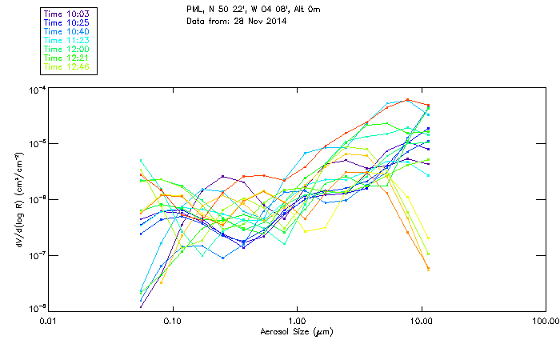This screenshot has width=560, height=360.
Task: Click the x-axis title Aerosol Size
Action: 296,332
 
